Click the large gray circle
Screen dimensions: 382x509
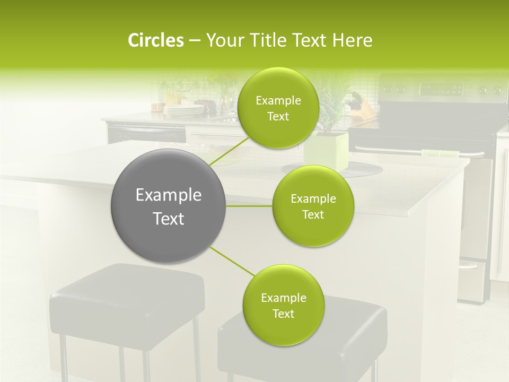coord(168,206)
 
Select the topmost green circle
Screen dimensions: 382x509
coord(278,108)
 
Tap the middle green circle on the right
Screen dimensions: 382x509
coord(313,206)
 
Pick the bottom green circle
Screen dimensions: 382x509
coord(283,305)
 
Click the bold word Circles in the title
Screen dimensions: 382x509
coord(156,40)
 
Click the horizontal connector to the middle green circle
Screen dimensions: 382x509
coord(249,206)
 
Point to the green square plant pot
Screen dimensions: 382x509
coord(326,151)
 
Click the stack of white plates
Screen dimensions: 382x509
coord(183,110)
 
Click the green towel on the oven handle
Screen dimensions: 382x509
coord(441,154)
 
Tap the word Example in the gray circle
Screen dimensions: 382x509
coord(168,195)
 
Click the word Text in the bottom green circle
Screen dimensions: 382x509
coord(283,314)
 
